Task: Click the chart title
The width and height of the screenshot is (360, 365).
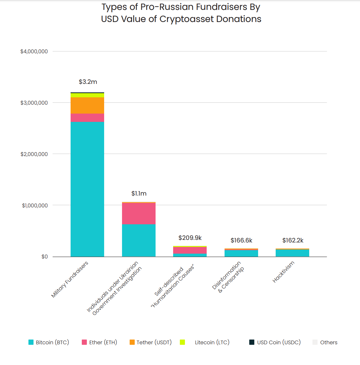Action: [181, 13]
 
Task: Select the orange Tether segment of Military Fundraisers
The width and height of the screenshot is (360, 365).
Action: [87, 105]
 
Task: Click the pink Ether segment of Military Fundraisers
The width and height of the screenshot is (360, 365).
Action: [87, 118]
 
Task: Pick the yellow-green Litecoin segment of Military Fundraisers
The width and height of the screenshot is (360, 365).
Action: [87, 95]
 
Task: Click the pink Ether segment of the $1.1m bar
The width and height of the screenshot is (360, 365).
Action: [139, 213]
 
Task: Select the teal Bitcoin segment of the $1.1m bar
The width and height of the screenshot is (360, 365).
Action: [139, 240]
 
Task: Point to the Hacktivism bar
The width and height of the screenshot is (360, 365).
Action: [292, 253]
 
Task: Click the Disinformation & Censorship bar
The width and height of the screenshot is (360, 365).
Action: [241, 253]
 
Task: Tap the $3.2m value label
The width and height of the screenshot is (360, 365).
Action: [88, 82]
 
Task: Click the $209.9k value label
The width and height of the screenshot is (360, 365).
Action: [190, 238]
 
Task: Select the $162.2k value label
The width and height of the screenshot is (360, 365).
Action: [293, 241]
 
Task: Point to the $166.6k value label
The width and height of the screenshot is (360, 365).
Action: [241, 241]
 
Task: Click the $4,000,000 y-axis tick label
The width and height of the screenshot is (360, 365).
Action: [34, 52]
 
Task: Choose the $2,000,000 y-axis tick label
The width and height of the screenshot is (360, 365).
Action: [34, 154]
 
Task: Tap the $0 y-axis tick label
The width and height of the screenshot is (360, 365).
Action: [44, 257]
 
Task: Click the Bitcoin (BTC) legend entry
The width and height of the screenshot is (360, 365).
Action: [49, 342]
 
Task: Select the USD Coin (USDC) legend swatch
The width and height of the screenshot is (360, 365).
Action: [252, 342]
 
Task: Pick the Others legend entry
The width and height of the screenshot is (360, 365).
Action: [325, 342]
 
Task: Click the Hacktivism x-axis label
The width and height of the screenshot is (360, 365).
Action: [283, 272]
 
